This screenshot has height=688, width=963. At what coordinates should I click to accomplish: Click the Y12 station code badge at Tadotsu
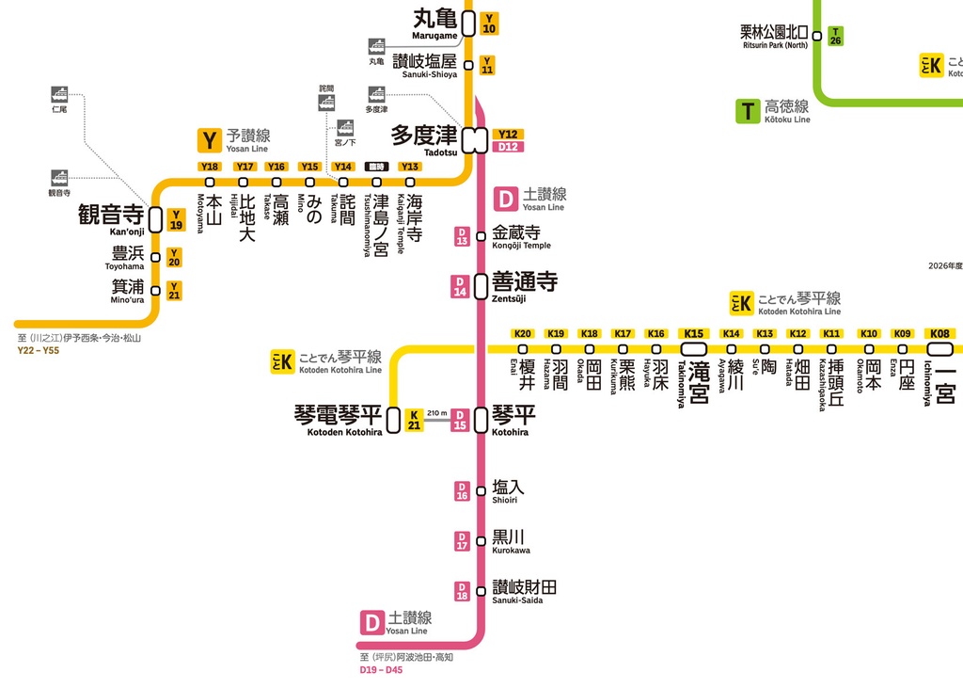pyautogui.click(x=509, y=135)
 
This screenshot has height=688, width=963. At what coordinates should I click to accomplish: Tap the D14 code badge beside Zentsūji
pyautogui.click(x=461, y=286)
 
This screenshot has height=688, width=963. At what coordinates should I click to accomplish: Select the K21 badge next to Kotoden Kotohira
pyautogui.click(x=414, y=420)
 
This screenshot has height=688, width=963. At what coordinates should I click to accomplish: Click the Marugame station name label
pyautogui.click(x=434, y=24)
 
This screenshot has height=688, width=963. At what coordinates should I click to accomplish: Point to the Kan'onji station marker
pyautogui.click(x=155, y=220)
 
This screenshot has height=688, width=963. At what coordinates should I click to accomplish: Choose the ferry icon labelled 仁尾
pyautogui.click(x=59, y=94)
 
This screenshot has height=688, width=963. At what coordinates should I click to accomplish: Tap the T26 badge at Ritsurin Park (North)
pyautogui.click(x=835, y=37)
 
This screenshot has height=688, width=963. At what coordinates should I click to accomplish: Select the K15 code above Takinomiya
pyautogui.click(x=694, y=333)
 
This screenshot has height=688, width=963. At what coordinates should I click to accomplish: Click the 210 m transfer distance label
pyautogui.click(x=437, y=413)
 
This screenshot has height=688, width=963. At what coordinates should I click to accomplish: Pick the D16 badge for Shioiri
pyautogui.click(x=462, y=490)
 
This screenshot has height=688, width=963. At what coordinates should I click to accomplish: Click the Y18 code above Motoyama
pyautogui.click(x=210, y=167)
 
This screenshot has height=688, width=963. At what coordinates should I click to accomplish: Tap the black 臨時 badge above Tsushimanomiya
pyautogui.click(x=376, y=167)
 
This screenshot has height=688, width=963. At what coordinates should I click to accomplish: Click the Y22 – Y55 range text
pyautogui.click(x=39, y=351)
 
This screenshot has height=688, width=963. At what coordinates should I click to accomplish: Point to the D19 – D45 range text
pyautogui.click(x=381, y=670)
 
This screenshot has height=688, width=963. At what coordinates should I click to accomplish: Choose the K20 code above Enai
pyautogui.click(x=523, y=333)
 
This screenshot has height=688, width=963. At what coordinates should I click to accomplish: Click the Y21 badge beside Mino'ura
pyautogui.click(x=174, y=291)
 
